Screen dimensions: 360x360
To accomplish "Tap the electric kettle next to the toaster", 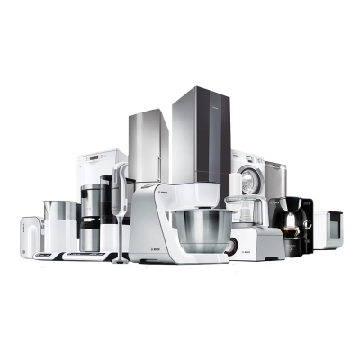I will tap(56, 224).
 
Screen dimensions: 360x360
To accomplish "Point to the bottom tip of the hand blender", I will tap(120, 258).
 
